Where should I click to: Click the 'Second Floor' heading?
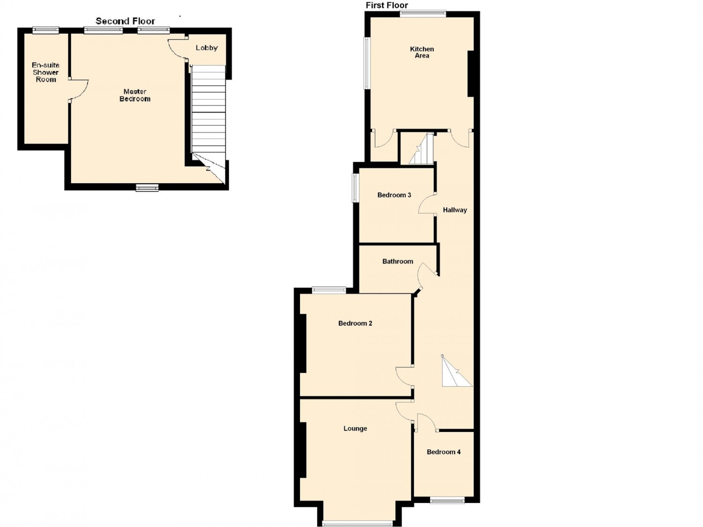click(125, 21)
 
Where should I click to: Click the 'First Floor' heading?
click(387, 6)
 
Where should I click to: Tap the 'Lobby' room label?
click(207, 48)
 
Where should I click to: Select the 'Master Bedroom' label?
click(135, 95)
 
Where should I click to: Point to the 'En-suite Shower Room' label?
click(46, 72)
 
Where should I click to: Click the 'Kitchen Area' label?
click(422, 52)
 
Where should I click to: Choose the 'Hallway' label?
click(455, 210)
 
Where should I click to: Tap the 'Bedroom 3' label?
click(394, 195)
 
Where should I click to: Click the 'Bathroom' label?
click(397, 262)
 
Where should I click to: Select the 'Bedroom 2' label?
click(355, 323)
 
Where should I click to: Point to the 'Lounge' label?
click(355, 429)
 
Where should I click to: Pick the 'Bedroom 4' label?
click(443, 452)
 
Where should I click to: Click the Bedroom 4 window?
click(447, 500)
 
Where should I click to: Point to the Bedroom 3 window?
click(355, 188)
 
